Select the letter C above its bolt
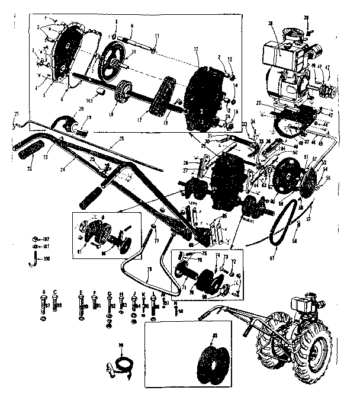54,292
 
